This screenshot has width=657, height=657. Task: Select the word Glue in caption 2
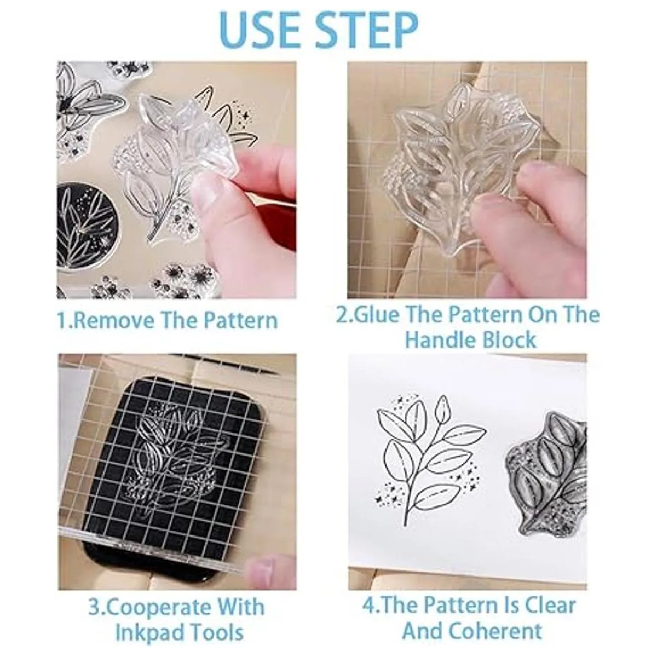pyautogui.click(x=374, y=315)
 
